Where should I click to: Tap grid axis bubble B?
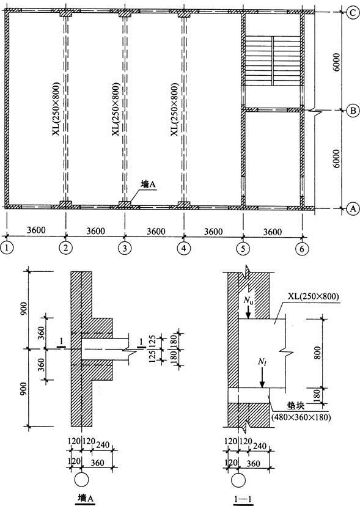click(353, 111)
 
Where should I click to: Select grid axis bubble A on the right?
click(353, 208)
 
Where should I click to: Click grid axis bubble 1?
click(7, 248)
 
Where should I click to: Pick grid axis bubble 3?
click(125, 248)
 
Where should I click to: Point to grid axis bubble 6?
click(302, 249)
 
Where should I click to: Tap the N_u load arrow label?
click(248, 301)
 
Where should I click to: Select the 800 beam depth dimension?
click(318, 353)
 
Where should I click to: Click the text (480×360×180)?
click(300, 417)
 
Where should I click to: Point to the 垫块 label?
click(296, 406)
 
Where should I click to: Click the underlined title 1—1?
click(243, 499)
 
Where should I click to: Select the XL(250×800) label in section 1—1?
click(311, 296)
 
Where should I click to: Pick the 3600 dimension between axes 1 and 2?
click(36, 230)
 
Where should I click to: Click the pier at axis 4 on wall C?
click(185, 14)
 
